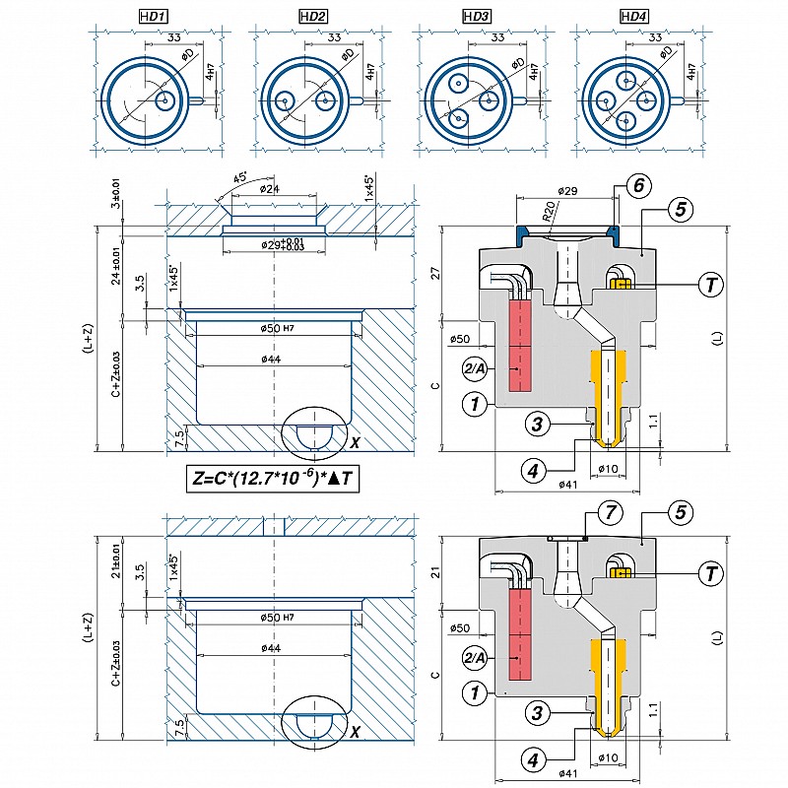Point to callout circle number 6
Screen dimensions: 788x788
(x=638, y=185)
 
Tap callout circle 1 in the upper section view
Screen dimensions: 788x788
(x=476, y=403)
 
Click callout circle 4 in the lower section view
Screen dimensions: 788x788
(x=532, y=759)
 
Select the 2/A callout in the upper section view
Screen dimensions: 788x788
(x=475, y=368)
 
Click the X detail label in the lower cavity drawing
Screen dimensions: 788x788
(x=356, y=731)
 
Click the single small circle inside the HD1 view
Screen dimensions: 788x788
(x=164, y=100)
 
